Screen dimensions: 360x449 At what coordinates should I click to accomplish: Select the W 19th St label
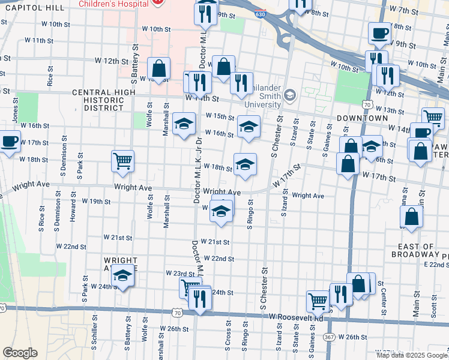[96, 201]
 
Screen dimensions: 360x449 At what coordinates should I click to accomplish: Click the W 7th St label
[403, 10]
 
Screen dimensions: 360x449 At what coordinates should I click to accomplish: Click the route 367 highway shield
[330, 337]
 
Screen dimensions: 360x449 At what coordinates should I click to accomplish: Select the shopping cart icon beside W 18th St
[122, 160]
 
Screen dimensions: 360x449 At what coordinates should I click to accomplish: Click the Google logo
[20, 353]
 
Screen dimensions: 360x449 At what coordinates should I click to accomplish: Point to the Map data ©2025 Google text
[412, 355]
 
